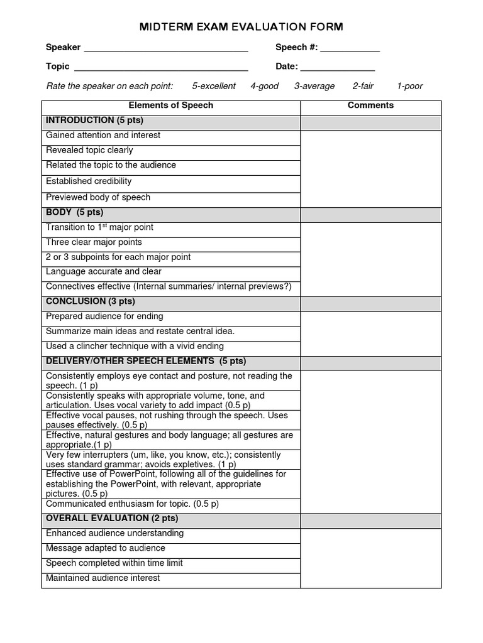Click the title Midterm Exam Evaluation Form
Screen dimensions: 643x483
tap(241, 26)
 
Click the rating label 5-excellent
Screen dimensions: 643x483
tap(214, 86)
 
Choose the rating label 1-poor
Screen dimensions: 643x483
tap(409, 86)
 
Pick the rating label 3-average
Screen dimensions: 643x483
tap(314, 86)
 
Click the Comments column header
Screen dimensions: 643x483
tap(370, 105)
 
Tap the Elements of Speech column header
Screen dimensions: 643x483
tap(171, 105)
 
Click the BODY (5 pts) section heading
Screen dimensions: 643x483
tap(74, 212)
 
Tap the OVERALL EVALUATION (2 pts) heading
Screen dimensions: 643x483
tap(112, 518)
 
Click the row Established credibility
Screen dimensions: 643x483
tap(89, 181)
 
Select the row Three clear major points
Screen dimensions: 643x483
tap(94, 242)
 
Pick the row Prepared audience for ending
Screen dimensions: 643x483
tap(104, 316)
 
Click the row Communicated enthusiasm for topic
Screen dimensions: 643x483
tap(132, 504)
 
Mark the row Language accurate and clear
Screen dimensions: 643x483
tap(104, 272)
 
